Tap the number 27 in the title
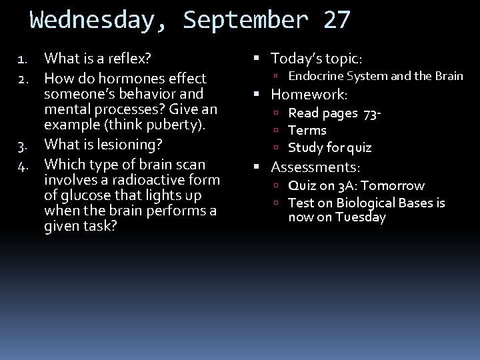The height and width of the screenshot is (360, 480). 336,20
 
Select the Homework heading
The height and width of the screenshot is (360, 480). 309,95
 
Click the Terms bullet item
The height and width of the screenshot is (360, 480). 307,131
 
